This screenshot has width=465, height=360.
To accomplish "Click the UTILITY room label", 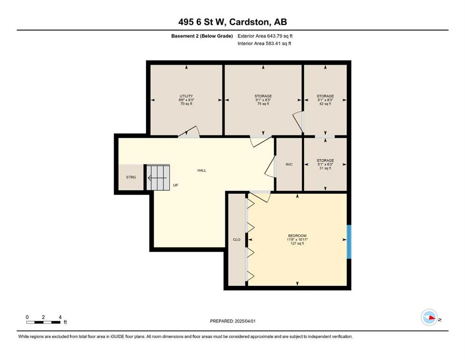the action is click(x=186, y=96).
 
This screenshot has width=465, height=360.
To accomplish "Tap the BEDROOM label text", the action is click(x=297, y=236).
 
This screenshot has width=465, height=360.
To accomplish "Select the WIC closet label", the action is click(x=289, y=165).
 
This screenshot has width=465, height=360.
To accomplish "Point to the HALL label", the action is click(x=202, y=170).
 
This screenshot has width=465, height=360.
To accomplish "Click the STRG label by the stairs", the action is click(x=131, y=177).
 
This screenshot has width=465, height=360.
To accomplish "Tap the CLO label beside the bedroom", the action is click(x=236, y=240).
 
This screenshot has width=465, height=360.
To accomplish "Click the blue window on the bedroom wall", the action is click(x=349, y=242).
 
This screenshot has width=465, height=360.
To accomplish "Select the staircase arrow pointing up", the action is click(x=157, y=178).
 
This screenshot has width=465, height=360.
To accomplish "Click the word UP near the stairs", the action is click(x=176, y=185).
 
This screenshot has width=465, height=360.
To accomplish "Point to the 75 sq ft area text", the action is click(x=263, y=104).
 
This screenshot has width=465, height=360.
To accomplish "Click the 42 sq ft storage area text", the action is click(x=325, y=104).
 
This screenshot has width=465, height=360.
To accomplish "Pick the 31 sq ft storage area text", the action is click(x=325, y=168).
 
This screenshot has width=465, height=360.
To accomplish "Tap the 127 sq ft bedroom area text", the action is click(x=297, y=243).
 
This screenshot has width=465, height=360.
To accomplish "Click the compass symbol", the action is click(x=429, y=317).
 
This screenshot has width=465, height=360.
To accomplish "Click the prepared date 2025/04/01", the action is click(x=245, y=321).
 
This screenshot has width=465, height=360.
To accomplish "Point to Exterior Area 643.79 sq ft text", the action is click(x=265, y=36).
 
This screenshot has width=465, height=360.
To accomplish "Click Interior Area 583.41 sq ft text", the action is click(x=264, y=43).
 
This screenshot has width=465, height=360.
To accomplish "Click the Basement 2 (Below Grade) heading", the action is click(x=202, y=36).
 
